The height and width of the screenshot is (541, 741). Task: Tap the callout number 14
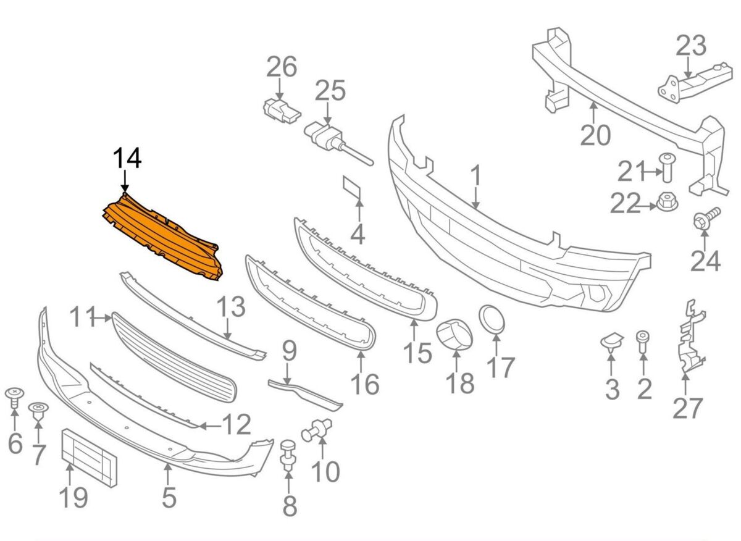point(127,159)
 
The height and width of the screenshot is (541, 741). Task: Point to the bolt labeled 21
point(667,167)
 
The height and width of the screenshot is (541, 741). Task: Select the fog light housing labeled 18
point(454,335)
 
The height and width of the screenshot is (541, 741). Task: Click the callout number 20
point(595,134)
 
